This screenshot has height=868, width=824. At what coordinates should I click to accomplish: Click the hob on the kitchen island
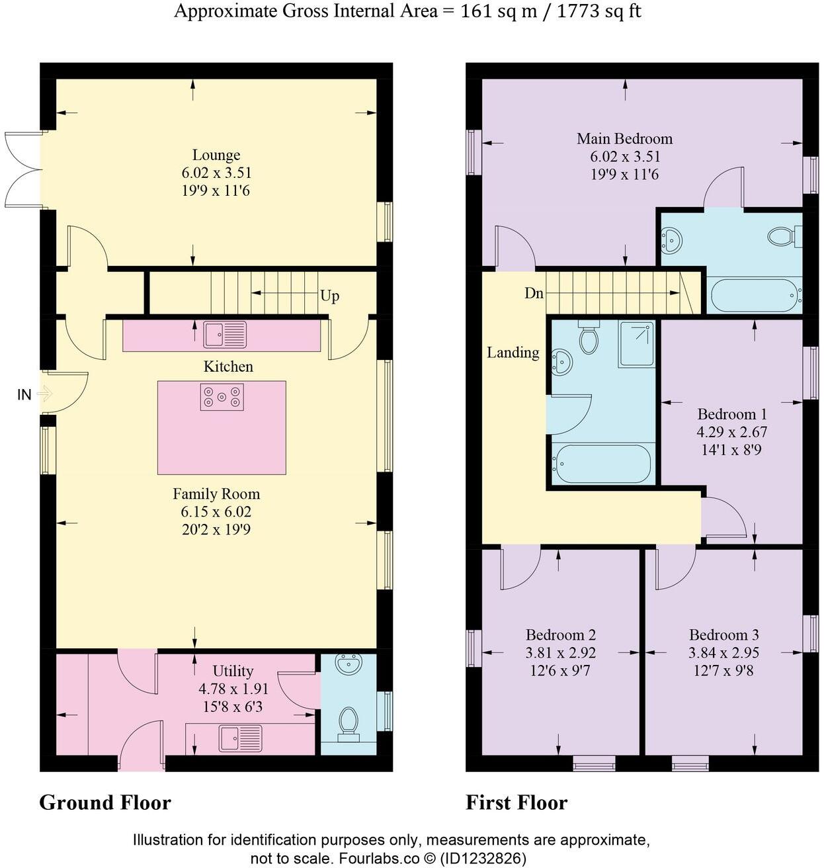coord(222,397)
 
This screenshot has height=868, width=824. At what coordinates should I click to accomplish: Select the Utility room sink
coord(241,738)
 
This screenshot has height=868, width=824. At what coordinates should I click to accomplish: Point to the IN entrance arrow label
coord(24,395)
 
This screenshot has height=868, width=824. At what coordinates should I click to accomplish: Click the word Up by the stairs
coord(329,296)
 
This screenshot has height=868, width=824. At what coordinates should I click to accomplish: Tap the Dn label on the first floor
coord(534,293)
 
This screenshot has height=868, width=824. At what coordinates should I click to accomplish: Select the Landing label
coord(513,353)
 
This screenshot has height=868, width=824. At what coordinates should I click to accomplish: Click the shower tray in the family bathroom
coord(636,344)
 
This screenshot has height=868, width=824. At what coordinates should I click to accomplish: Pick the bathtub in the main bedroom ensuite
coord(754,296)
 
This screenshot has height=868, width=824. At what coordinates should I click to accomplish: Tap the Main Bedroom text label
coord(624,139)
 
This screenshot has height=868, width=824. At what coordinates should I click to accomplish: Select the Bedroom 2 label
coord(561,635)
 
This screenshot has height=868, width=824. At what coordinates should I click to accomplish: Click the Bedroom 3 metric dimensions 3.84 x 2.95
coord(723,653)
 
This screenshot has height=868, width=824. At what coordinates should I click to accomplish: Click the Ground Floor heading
coord(105,803)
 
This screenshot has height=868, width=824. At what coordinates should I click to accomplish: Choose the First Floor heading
coord(516,803)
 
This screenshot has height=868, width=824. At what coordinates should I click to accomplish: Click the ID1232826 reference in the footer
coord(483,859)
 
